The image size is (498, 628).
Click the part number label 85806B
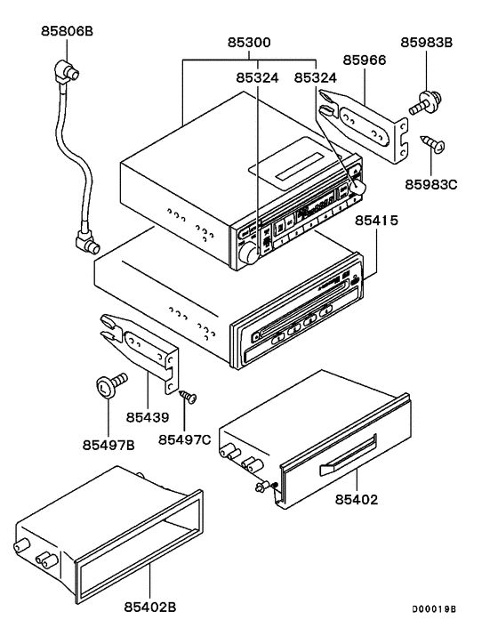click(67, 31)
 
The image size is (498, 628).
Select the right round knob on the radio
click(360, 188)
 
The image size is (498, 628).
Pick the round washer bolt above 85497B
click(106, 385)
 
